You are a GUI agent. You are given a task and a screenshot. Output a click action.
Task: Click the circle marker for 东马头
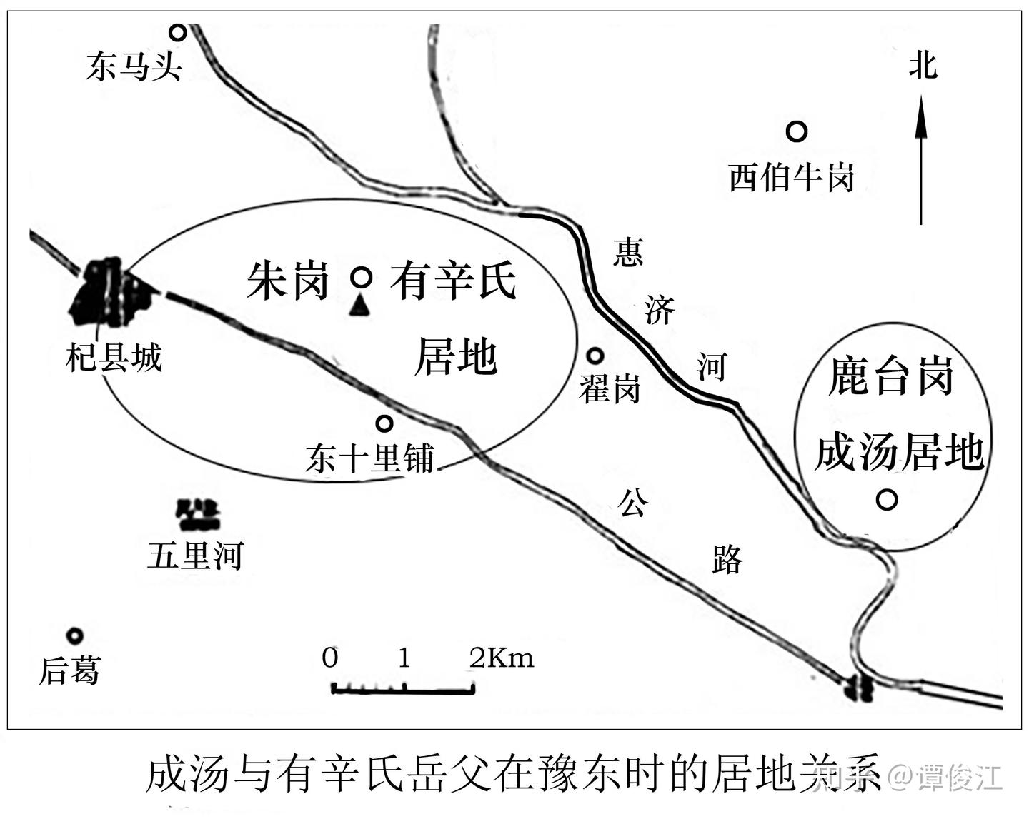(x=177, y=31)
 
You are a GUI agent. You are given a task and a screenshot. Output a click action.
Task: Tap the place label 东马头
(x=134, y=67)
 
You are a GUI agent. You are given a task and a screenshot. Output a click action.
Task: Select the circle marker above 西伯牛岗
(x=797, y=131)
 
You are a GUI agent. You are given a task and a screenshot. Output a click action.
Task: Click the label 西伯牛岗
(x=791, y=176)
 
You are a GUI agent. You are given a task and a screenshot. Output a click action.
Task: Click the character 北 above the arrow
(x=923, y=66)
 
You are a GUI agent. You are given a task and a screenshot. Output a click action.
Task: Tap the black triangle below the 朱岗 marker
(x=361, y=306)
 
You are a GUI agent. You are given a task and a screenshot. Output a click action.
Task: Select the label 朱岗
(x=287, y=281)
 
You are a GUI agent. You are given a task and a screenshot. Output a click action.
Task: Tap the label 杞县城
(x=114, y=357)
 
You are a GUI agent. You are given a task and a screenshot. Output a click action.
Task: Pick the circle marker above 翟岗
(x=595, y=356)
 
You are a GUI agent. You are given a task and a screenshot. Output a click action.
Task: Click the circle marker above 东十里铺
(x=384, y=423)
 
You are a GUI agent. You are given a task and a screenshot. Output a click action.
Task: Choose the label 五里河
(x=195, y=555)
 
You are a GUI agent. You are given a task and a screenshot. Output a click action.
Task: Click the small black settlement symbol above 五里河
(x=197, y=514)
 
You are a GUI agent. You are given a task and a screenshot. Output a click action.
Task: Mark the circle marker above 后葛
(x=74, y=635)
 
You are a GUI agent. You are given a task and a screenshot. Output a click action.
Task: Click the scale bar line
(x=403, y=690)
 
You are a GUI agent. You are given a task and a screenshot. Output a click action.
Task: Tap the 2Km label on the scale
(x=502, y=658)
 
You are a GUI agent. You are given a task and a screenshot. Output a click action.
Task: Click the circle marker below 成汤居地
(x=887, y=499)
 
